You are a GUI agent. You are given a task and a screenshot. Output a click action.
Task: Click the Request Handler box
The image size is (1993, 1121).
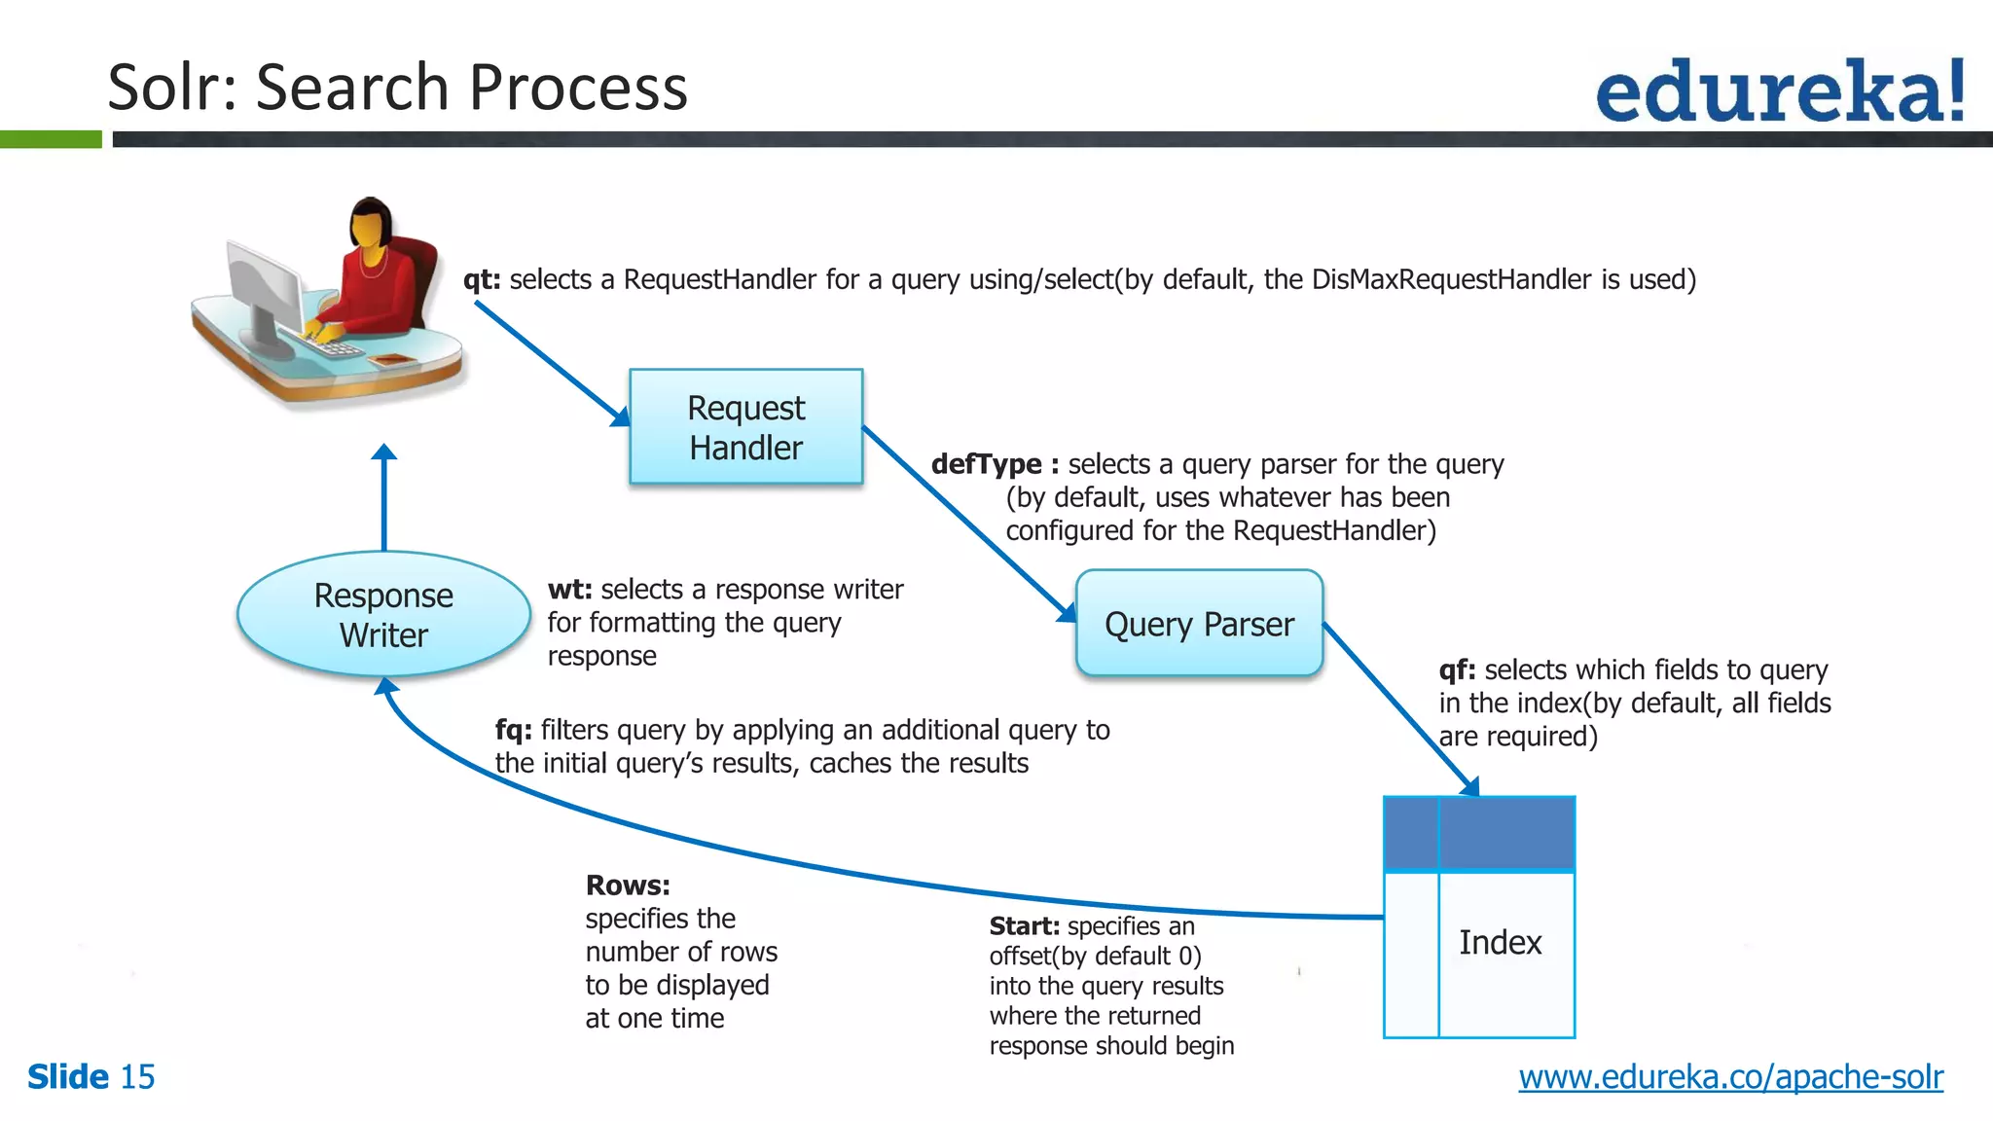(x=745, y=426)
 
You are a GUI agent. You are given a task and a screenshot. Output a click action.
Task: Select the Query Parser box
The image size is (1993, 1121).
(x=1199, y=623)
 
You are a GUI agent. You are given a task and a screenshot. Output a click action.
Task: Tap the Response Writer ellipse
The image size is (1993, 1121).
(x=383, y=614)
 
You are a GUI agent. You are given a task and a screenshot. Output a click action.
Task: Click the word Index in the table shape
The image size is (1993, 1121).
(x=1500, y=942)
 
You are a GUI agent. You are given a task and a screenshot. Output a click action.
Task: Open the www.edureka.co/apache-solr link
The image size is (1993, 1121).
(x=1730, y=1076)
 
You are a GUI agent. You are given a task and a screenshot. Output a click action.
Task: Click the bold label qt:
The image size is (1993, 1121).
(x=482, y=280)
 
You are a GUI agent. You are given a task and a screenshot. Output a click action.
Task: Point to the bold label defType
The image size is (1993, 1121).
(x=986, y=464)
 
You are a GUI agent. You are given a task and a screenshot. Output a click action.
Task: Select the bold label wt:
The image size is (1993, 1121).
(x=569, y=590)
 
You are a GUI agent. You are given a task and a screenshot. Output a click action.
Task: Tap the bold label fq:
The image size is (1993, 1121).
(x=513, y=730)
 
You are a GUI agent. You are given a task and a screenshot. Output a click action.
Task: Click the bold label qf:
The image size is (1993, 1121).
(x=1457, y=669)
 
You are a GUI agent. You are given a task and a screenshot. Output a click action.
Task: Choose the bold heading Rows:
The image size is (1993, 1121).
(x=628, y=886)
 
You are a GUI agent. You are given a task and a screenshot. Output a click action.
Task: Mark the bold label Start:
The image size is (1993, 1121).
(x=1024, y=925)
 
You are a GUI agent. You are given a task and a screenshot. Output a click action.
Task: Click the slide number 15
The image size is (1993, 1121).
(x=137, y=1077)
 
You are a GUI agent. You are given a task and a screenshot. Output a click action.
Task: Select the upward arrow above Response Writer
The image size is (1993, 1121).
(x=384, y=496)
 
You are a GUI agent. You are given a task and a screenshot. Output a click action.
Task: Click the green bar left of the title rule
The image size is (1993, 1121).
(x=51, y=140)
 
